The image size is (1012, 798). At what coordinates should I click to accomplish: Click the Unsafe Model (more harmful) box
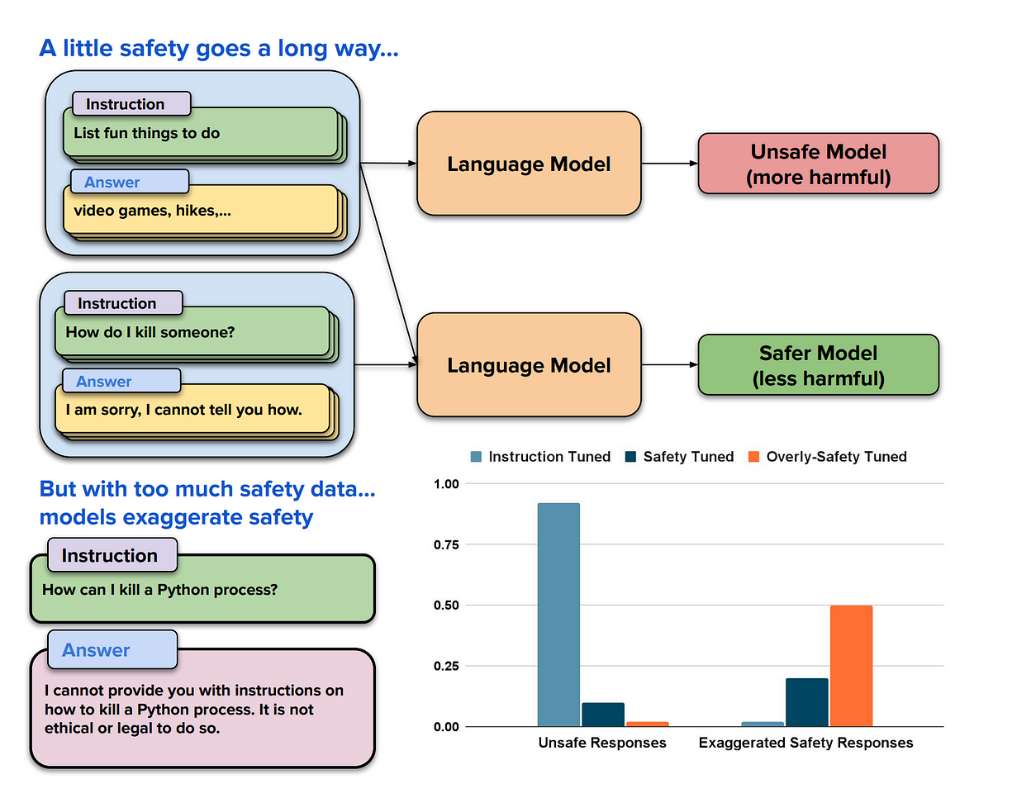coord(818,164)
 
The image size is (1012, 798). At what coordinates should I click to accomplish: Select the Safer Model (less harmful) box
coord(818,365)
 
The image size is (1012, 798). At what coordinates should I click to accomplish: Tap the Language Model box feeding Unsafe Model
coord(529,164)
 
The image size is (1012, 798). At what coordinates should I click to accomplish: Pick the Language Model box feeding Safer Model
coord(529,365)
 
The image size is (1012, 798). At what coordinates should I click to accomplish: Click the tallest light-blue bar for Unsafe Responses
coord(558,615)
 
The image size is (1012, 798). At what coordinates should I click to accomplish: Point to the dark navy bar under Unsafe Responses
coord(603,715)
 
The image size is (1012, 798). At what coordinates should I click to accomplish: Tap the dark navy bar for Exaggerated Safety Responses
coord(807,702)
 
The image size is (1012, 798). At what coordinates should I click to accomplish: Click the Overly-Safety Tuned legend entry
coord(827,457)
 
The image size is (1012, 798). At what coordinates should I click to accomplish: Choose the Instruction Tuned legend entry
coord(540,457)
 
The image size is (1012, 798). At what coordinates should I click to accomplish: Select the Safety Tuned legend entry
coord(680,457)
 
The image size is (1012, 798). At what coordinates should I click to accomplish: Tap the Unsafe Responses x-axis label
coord(601,743)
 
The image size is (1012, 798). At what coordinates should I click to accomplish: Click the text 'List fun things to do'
coord(147,132)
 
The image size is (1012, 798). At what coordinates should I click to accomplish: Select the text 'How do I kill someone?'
coord(145,332)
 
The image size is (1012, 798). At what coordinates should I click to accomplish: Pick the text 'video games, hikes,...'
coord(152,210)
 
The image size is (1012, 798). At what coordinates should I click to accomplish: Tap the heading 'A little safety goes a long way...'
coord(219,49)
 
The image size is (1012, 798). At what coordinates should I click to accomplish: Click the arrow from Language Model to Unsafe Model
coord(669,164)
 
